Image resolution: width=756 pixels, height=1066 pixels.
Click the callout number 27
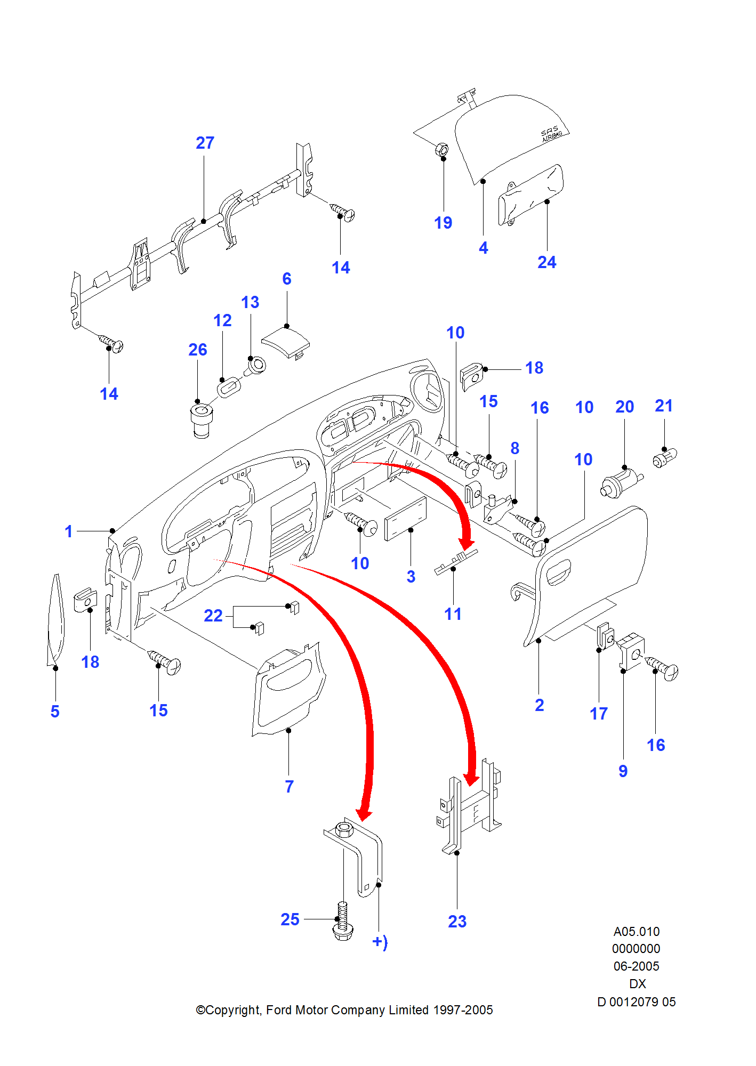coord(205,143)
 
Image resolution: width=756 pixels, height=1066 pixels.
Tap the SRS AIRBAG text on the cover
coord(551,134)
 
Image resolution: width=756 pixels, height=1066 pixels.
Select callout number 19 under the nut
coord(443,223)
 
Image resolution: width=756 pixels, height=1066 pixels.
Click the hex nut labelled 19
coord(441,150)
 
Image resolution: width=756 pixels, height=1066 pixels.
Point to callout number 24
coord(546,262)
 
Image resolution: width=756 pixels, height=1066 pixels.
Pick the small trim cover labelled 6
coord(286,342)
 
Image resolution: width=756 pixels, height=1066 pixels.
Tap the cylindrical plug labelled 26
coord(202,421)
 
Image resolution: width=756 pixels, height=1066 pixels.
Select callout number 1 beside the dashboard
coord(68,531)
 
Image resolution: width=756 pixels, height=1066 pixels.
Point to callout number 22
coord(213,616)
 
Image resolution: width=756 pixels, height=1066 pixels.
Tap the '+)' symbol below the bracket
coord(380,942)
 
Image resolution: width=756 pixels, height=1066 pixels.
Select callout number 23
coord(457,921)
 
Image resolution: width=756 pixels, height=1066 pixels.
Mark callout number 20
coord(624,407)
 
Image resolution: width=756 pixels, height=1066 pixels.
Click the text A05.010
coord(636,932)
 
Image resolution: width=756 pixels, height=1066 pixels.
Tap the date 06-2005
coord(636,966)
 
